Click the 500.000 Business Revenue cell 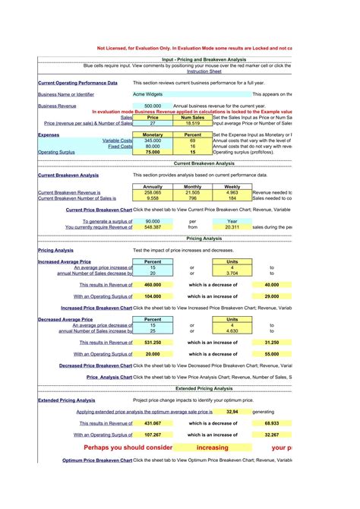(x=152, y=106)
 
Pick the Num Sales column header (x=192, y=118)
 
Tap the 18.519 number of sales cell (x=192, y=123)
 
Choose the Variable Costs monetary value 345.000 (x=152, y=141)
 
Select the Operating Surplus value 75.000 (x=152, y=152)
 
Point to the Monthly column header (x=192, y=187)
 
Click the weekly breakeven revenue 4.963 (x=232, y=193)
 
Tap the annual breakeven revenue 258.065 (x=152, y=193)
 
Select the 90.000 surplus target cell (x=152, y=221)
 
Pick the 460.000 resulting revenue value (x=152, y=285)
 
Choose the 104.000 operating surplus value (x=152, y=296)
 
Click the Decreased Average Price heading (x=65, y=320)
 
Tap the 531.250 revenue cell (x=152, y=343)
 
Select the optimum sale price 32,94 (x=232, y=411)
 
